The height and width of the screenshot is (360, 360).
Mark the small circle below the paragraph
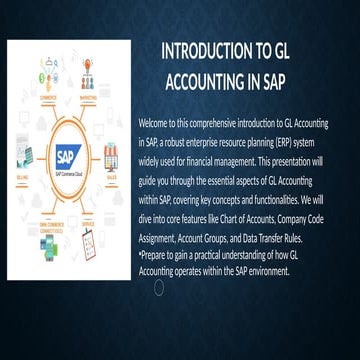click(157, 287)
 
